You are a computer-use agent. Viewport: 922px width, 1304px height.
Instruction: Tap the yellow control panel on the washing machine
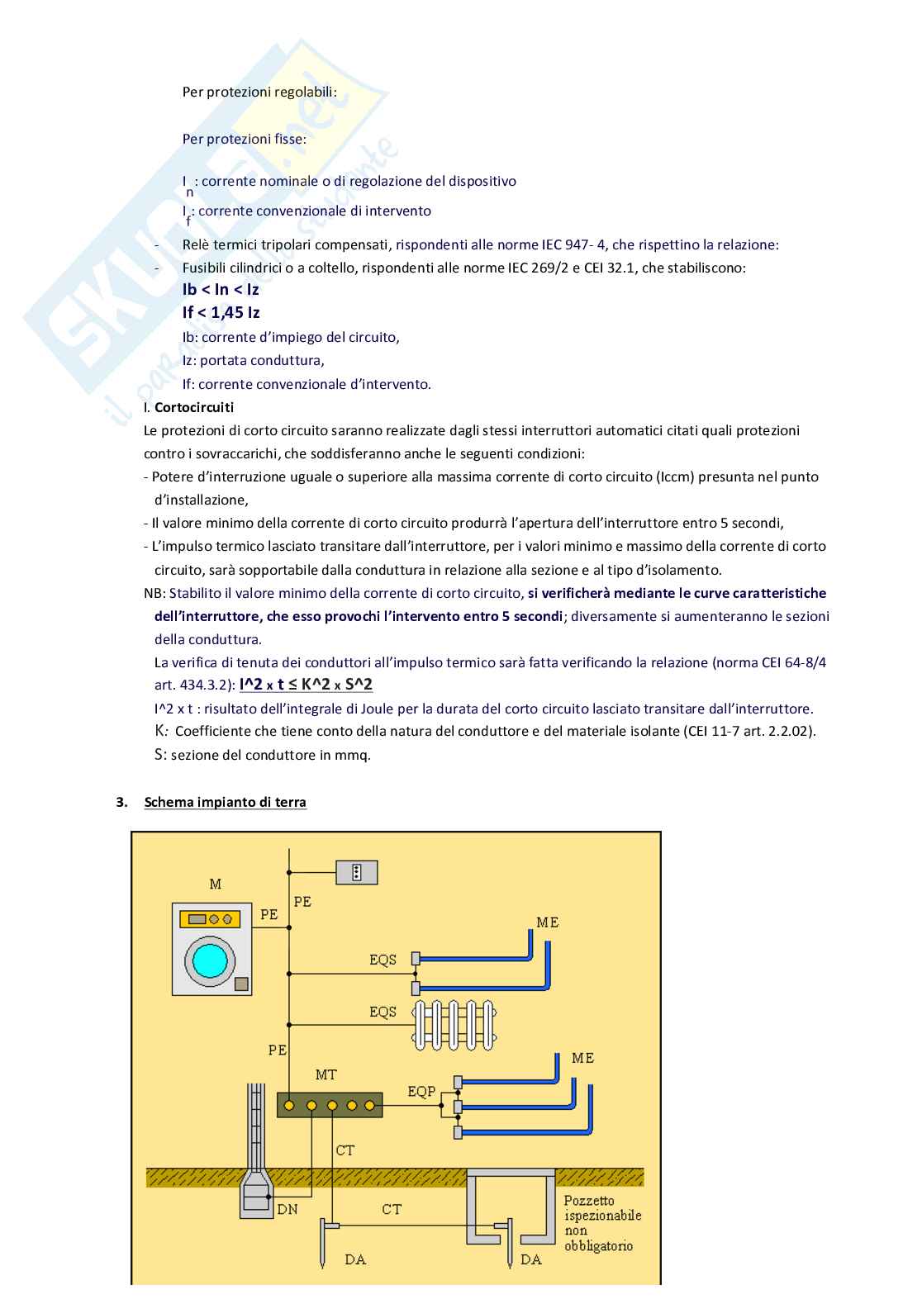[x=210, y=919]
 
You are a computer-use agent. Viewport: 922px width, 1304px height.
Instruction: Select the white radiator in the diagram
[x=454, y=1025]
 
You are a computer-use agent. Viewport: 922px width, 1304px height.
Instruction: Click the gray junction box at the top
[x=356, y=873]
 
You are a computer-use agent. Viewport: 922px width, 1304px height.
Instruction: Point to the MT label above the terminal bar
[x=326, y=1074]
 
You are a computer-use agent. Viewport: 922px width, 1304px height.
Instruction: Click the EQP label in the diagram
[x=421, y=1092]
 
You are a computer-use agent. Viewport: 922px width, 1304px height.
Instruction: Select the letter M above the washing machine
[x=216, y=884]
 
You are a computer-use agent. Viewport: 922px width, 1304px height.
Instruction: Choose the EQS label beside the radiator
[x=383, y=1012]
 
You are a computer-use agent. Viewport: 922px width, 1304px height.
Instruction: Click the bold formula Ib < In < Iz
[x=221, y=289]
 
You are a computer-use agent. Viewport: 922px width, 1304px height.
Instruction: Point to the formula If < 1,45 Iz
[x=221, y=313]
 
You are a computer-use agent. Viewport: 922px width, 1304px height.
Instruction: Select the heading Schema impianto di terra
[x=226, y=802]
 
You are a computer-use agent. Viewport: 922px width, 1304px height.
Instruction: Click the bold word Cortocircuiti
[x=194, y=407]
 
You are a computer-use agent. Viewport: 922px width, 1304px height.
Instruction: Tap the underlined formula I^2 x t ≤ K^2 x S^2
[x=306, y=685]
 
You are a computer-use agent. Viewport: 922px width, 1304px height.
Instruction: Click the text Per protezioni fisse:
[x=244, y=139]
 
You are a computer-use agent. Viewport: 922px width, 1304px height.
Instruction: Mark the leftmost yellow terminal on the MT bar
[x=289, y=1106]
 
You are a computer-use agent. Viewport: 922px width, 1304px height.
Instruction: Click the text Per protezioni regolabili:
[x=259, y=92]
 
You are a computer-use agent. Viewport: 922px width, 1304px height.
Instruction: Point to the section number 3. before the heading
[x=121, y=802]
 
